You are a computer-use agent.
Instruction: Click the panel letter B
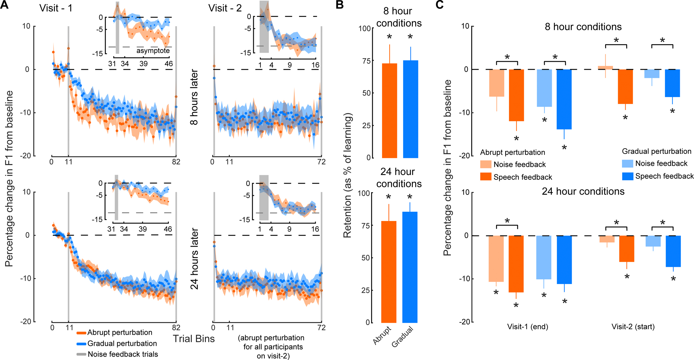340,5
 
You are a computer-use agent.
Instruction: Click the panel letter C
440,5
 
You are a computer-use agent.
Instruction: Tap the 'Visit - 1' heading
56,8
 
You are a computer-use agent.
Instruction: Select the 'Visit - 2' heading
225,8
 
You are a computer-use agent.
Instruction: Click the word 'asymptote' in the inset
153,51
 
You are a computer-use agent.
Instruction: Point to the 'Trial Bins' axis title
194,339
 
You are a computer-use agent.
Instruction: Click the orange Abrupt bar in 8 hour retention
389,111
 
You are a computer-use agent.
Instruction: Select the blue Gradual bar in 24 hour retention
410,267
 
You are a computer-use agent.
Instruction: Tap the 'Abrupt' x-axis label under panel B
382,336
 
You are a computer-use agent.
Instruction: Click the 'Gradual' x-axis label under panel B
403,337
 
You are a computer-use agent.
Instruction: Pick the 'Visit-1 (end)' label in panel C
527,327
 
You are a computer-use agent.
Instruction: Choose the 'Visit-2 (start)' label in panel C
633,327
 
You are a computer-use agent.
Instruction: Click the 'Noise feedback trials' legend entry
123,354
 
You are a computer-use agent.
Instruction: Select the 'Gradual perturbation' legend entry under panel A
122,343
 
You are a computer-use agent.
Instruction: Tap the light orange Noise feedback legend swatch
486,164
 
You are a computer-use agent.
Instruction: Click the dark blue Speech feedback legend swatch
628,176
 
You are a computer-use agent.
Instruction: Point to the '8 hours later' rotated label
194,97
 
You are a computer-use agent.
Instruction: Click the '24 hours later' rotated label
194,258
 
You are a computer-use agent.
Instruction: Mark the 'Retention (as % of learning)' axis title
347,175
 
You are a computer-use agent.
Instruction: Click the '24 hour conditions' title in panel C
583,192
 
